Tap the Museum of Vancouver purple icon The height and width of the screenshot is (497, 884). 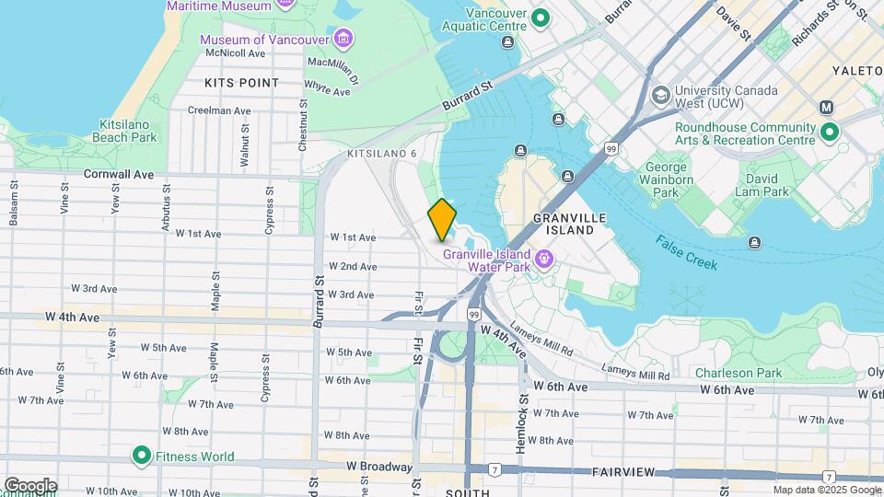point(343,38)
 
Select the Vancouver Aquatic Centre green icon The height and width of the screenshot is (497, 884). point(541,17)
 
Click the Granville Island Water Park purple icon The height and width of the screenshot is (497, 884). point(544,259)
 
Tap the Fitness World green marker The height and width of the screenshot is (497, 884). point(141,456)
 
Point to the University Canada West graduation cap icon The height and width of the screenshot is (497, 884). point(660,96)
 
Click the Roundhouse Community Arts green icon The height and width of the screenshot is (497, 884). point(830,133)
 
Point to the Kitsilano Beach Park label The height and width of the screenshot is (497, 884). point(124,131)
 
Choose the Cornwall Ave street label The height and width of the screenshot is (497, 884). point(119,173)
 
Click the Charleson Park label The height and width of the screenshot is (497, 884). point(739,373)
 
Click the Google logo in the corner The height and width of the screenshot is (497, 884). point(30,485)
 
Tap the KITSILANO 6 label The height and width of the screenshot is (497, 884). point(382,153)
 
